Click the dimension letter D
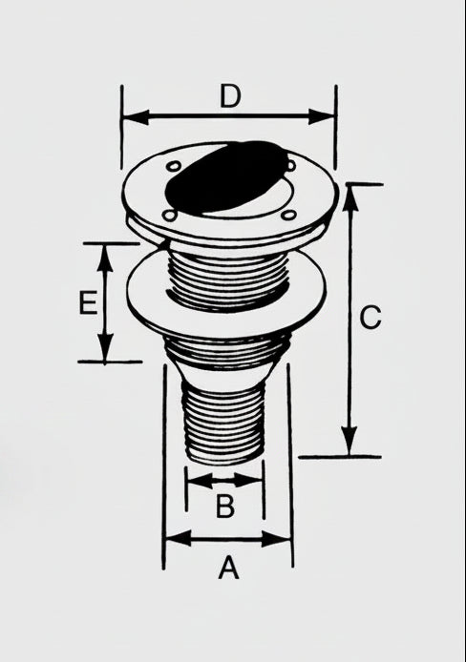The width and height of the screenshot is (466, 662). [x=230, y=96]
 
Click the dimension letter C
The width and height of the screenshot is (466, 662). [x=371, y=318]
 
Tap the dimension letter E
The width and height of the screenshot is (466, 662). [x=88, y=302]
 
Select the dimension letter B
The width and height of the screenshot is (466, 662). [x=224, y=506]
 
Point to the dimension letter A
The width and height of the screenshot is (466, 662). [x=228, y=568]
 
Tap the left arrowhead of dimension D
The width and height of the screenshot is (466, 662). [x=136, y=117]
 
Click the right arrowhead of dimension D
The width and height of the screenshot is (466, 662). [x=322, y=116]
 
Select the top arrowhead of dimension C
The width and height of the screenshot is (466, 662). [x=350, y=197]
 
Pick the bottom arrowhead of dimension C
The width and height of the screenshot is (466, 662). [x=349, y=442]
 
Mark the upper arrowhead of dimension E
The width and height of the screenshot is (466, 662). [x=105, y=258]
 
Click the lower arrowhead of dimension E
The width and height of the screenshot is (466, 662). [x=105, y=347]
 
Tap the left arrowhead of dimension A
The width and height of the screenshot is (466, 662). [x=179, y=538]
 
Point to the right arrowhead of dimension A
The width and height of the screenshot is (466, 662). [x=277, y=539]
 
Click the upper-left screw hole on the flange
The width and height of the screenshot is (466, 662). [x=173, y=166]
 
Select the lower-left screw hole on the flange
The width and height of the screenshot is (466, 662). [x=169, y=216]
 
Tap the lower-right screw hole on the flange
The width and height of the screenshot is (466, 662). [x=289, y=216]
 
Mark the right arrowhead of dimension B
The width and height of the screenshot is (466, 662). [x=249, y=480]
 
